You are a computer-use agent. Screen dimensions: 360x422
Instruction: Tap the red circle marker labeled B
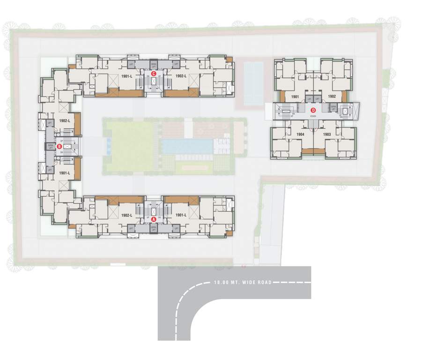point(59,147)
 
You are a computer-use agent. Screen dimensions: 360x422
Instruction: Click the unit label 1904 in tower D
point(301,134)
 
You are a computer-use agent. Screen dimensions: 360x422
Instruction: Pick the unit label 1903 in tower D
point(326,134)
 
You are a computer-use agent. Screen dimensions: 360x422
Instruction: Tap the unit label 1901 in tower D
point(295,97)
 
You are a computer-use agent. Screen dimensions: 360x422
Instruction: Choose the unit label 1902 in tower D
point(332,97)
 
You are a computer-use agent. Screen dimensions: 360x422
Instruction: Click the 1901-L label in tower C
point(126,76)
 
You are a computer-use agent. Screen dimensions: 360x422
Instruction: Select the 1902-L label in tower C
point(181,76)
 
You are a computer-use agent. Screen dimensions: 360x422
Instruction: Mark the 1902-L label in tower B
point(65,121)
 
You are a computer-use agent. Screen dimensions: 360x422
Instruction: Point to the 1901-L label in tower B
point(65,173)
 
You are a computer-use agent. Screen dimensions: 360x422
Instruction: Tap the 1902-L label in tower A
point(126,215)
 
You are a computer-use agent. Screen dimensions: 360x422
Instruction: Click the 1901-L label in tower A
point(181,215)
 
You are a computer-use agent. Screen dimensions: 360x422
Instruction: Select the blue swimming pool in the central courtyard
point(186,146)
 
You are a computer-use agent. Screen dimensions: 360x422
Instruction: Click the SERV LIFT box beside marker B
point(50,147)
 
